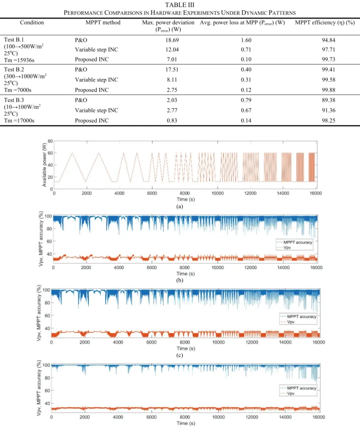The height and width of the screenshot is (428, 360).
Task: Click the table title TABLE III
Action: tap(180, 4)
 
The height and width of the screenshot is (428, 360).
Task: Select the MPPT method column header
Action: tap(103, 22)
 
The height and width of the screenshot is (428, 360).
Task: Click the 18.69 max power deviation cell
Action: tap(172, 40)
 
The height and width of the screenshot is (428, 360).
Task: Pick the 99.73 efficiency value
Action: tap(328, 59)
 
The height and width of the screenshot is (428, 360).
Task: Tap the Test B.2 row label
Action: tap(14, 70)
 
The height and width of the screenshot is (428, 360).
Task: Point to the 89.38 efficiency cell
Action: tap(328, 100)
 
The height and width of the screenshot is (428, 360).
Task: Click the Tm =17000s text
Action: tap(19, 120)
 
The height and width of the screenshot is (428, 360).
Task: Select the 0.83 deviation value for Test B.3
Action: tap(172, 120)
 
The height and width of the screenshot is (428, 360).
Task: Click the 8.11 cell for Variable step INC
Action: tap(172, 80)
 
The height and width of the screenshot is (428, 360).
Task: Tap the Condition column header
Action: tap(32, 22)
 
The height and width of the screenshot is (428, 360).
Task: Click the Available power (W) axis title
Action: tap(45, 165)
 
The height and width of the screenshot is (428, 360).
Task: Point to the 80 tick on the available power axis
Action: tap(50, 141)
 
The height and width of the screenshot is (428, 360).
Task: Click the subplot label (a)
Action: tap(180, 207)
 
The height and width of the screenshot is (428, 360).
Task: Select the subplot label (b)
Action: tap(180, 281)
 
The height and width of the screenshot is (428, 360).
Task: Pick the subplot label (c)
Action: tap(180, 355)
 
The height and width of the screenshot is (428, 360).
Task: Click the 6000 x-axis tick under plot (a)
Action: tap(152, 193)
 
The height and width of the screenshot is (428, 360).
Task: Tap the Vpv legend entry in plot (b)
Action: tap(287, 248)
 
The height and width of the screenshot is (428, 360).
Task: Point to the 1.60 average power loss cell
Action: tap(246, 40)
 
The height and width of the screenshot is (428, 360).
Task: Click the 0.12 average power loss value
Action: tap(246, 90)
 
